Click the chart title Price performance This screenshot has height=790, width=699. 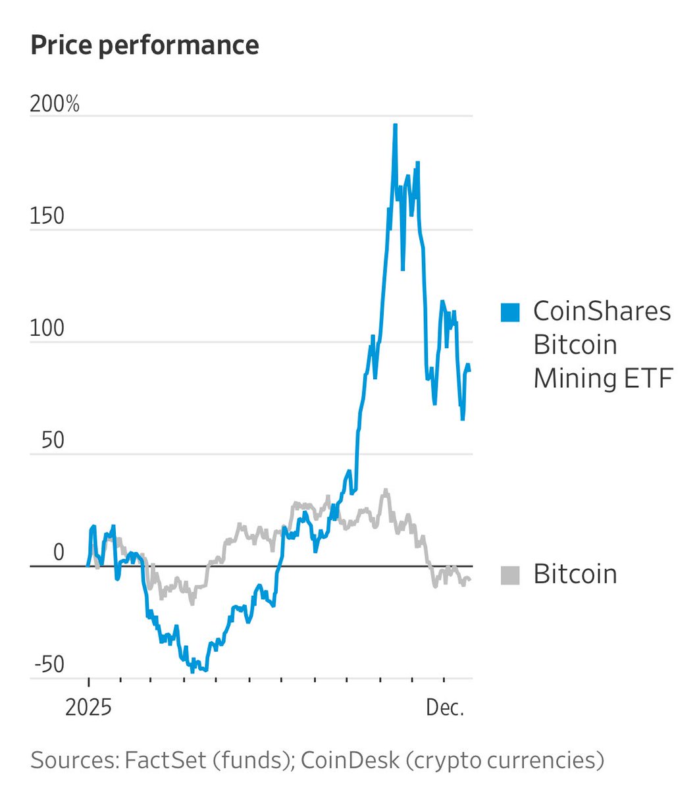pyautogui.click(x=144, y=45)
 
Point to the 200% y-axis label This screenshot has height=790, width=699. pyautogui.click(x=55, y=104)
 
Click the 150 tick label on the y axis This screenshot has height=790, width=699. pyautogui.click(x=47, y=217)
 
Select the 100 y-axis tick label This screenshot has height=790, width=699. pyautogui.click(x=47, y=329)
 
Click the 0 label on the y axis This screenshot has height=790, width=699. pyautogui.click(x=59, y=553)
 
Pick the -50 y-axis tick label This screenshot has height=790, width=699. pyautogui.click(x=49, y=665)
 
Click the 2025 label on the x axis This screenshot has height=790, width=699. pyautogui.click(x=88, y=708)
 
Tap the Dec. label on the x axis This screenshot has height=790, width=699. pyautogui.click(x=446, y=708)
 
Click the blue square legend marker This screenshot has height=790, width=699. pyautogui.click(x=510, y=312)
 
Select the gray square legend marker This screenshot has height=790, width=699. pyautogui.click(x=510, y=575)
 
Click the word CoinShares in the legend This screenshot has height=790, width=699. pyautogui.click(x=602, y=311)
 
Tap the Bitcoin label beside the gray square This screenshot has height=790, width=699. pyautogui.click(x=575, y=574)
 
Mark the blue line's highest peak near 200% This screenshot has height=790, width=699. pyautogui.click(x=395, y=124)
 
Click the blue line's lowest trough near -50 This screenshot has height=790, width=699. pyautogui.click(x=193, y=671)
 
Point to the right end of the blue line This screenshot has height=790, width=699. pyautogui.click(x=469, y=371)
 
